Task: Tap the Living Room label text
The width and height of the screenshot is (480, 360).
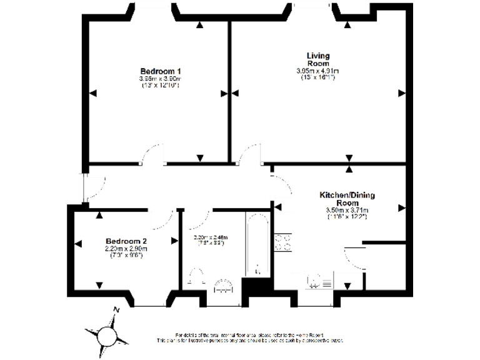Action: point(317,59)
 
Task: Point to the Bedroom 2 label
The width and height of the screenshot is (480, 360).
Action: point(126,241)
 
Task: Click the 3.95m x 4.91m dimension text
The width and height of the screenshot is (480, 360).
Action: point(317,71)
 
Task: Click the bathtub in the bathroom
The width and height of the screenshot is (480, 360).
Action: point(257,246)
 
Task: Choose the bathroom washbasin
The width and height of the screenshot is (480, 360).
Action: point(223,285)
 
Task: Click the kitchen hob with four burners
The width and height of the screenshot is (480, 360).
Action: point(282,242)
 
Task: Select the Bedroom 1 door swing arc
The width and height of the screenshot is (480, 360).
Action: point(152,154)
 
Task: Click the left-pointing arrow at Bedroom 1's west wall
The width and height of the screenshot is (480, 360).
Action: point(92,94)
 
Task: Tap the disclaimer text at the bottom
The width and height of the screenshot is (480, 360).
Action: point(250,337)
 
